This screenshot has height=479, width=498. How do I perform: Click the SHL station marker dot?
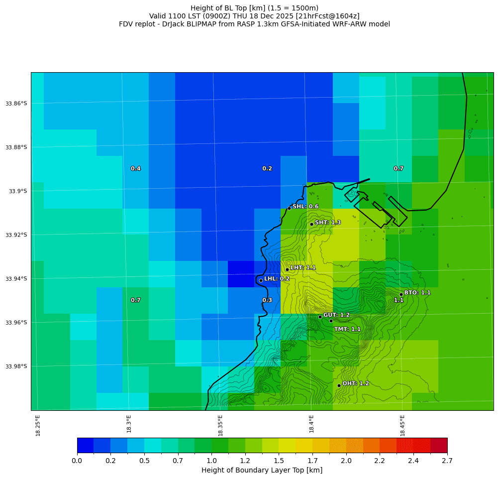[x=289, y=208]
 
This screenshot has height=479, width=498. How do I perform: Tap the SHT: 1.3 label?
[x=328, y=223]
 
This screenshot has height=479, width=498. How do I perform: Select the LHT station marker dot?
[x=287, y=269]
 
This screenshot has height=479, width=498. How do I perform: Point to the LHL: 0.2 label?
[x=277, y=279]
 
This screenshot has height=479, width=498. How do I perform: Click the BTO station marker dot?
[x=401, y=294]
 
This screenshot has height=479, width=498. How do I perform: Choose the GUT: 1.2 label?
[x=336, y=315]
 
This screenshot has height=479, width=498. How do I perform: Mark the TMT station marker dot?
[x=331, y=321]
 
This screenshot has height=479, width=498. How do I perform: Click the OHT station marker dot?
[x=339, y=385]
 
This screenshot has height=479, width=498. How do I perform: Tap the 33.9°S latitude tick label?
[x=16, y=191]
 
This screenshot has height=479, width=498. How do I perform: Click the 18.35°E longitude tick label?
[x=220, y=425]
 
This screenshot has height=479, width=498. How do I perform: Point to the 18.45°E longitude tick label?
[x=402, y=425]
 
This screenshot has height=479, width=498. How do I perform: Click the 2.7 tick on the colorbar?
[x=447, y=461]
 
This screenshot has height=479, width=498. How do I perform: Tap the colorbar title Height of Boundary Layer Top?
[x=262, y=470]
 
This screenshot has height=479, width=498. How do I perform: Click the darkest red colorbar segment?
[x=438, y=445]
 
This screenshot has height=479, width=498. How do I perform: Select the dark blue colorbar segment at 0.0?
[x=85, y=445]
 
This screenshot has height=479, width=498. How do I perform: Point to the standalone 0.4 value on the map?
[x=135, y=169]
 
